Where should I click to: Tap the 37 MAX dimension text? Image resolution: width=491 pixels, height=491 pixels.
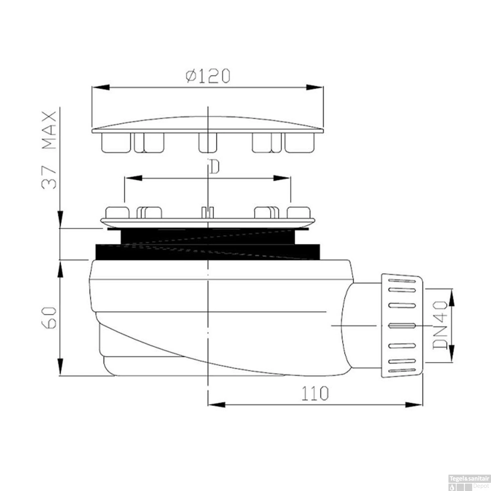point(49,150)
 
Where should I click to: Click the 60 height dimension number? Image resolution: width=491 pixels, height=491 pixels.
point(49,318)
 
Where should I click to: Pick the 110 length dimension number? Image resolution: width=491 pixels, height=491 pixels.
point(315,393)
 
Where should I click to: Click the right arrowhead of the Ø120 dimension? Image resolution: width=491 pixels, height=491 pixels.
point(315,87)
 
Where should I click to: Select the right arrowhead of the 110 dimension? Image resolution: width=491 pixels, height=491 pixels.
point(414,405)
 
